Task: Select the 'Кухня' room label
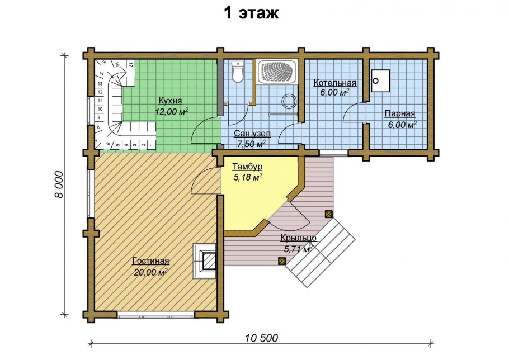(x=170, y=101)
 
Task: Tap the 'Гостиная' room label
(x=150, y=261)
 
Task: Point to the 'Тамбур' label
(x=247, y=167)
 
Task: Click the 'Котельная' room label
(x=334, y=83)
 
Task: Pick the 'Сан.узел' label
(x=253, y=134)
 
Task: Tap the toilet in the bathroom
(x=238, y=72)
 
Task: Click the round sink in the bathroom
(x=289, y=101)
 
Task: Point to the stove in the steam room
(x=381, y=80)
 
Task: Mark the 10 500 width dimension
(x=261, y=338)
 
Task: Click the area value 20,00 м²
(x=152, y=272)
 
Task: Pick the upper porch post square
(x=328, y=214)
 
